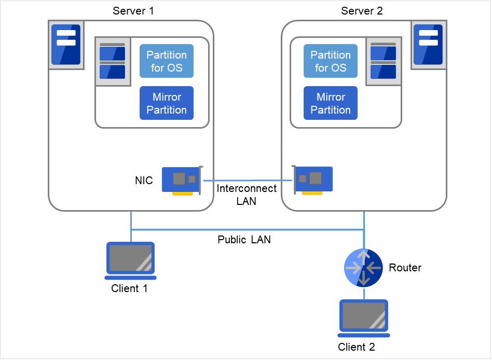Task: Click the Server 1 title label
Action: pos(133,11)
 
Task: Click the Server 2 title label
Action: pos(362,11)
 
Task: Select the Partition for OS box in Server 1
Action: pos(167,61)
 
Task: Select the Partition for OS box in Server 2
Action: pos(331,61)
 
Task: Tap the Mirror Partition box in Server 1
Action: pos(167,103)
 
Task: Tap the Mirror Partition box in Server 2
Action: pos(331,103)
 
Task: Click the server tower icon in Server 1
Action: pos(66,45)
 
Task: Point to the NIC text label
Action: pos(144,181)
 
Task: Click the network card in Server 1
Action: pos(181,181)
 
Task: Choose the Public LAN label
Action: pos(244,240)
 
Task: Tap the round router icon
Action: pos(363,268)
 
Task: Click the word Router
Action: pos(405,268)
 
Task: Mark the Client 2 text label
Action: pos(356,347)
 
